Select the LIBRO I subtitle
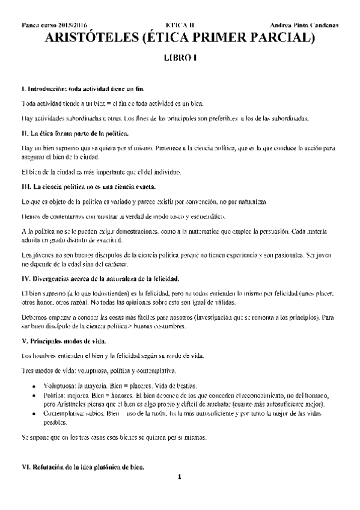coord(180,60)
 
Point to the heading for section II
coord(75,132)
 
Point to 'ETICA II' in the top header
coord(179,26)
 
